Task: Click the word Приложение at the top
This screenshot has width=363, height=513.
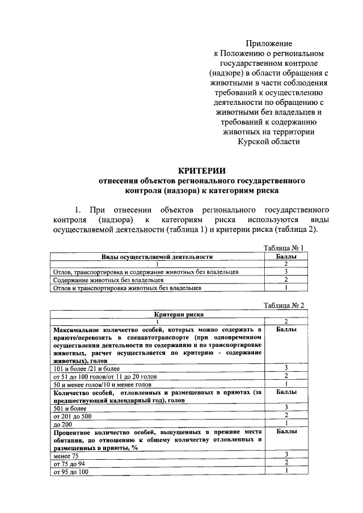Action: click(x=269, y=43)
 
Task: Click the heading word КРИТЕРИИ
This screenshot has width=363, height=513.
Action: click(x=202, y=170)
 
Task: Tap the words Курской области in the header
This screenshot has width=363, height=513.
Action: click(x=269, y=142)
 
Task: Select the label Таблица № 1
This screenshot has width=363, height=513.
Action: click(x=285, y=248)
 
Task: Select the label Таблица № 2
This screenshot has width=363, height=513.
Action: click(x=285, y=305)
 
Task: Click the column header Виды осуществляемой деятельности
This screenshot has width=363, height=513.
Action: click(x=157, y=256)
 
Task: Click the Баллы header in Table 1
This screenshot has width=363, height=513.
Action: click(x=286, y=256)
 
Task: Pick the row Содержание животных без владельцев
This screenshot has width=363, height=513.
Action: click(x=108, y=280)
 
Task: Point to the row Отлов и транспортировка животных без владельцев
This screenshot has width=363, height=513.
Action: click(x=127, y=288)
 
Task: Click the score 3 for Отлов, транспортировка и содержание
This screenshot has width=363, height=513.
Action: click(x=286, y=272)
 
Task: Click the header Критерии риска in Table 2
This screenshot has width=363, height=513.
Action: click(x=179, y=314)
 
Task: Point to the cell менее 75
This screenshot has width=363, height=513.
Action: click(x=67, y=455)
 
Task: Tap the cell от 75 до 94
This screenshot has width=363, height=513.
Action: click(x=70, y=463)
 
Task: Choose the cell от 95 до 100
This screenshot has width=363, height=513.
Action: click(x=71, y=471)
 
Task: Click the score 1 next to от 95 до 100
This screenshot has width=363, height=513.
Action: click(x=286, y=470)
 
